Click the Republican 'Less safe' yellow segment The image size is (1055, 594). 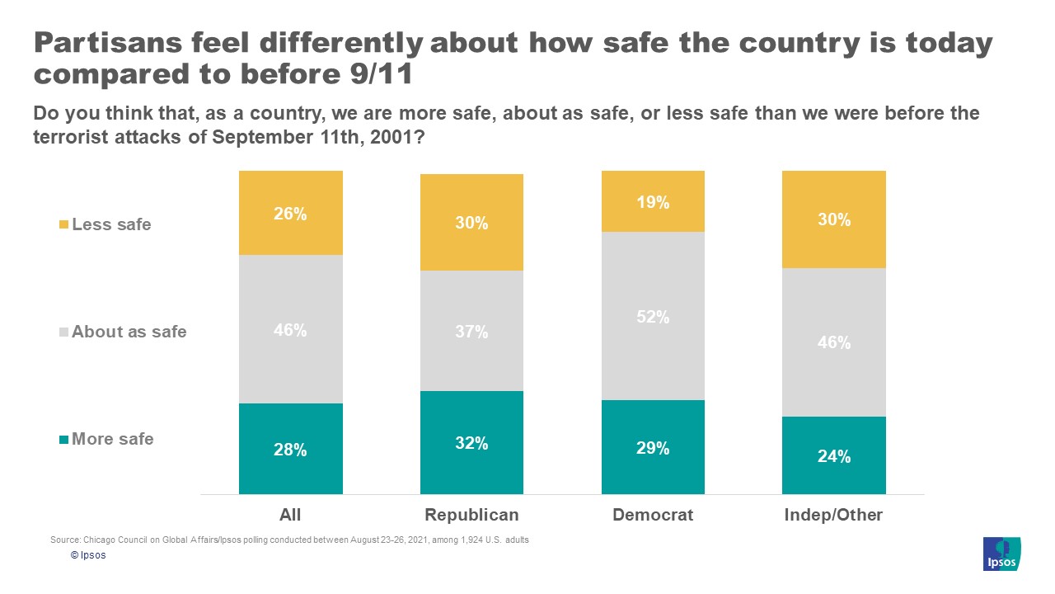[471, 222]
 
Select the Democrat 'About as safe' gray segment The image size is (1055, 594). [653, 316]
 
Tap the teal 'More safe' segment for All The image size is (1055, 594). [290, 449]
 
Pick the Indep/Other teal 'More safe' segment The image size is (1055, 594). [833, 455]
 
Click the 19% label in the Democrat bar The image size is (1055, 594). [653, 202]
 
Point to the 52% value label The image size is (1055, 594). [653, 317]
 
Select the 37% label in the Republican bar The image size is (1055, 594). [471, 332]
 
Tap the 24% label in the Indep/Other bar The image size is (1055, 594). [833, 456]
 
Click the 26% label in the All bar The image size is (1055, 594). [290, 214]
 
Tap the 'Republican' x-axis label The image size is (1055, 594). [471, 515]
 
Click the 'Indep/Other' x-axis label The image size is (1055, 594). [833, 515]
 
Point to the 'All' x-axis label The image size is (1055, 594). [290, 515]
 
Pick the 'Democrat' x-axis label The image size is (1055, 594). [653, 515]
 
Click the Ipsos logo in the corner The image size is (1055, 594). [1001, 554]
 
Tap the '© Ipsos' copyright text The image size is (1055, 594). [88, 555]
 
